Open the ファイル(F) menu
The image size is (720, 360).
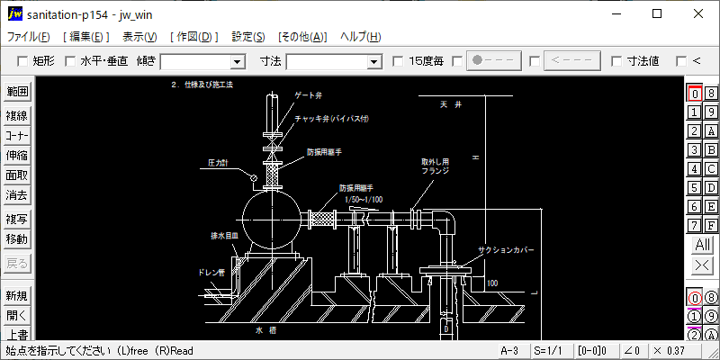(29, 37)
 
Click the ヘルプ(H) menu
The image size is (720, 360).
(360, 37)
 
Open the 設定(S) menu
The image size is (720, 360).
(248, 37)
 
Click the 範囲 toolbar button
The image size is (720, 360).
(17, 92)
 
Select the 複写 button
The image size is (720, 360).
(17, 220)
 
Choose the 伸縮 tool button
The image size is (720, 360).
(17, 155)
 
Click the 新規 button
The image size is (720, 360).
(17, 296)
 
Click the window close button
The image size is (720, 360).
(698, 13)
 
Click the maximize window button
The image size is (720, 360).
(657, 13)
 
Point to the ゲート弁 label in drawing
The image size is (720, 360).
(309, 95)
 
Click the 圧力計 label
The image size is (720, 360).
(218, 164)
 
